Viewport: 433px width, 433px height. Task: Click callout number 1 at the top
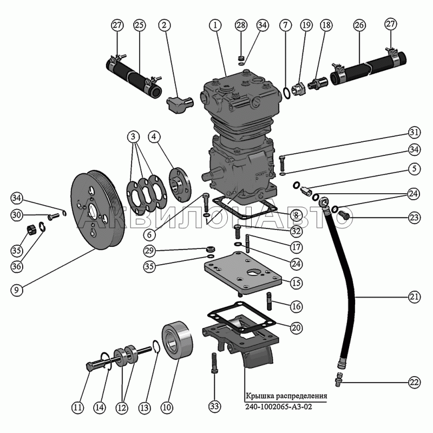tap(215, 25)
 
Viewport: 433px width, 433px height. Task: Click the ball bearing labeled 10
tap(177, 340)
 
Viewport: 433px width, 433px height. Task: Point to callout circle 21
tap(414, 297)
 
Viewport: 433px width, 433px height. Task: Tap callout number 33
tap(215, 406)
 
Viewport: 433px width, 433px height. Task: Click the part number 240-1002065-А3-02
tap(279, 406)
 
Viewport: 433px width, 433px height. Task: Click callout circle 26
tap(359, 25)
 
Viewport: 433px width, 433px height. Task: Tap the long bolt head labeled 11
tap(89, 366)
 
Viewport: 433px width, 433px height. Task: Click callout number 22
tap(414, 382)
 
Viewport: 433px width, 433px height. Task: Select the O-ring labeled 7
tap(287, 93)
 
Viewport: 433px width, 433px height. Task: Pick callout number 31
tap(414, 132)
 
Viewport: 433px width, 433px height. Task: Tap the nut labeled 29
tap(211, 249)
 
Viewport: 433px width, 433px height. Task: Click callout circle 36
tap(17, 266)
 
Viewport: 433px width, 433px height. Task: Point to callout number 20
tap(296, 328)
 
